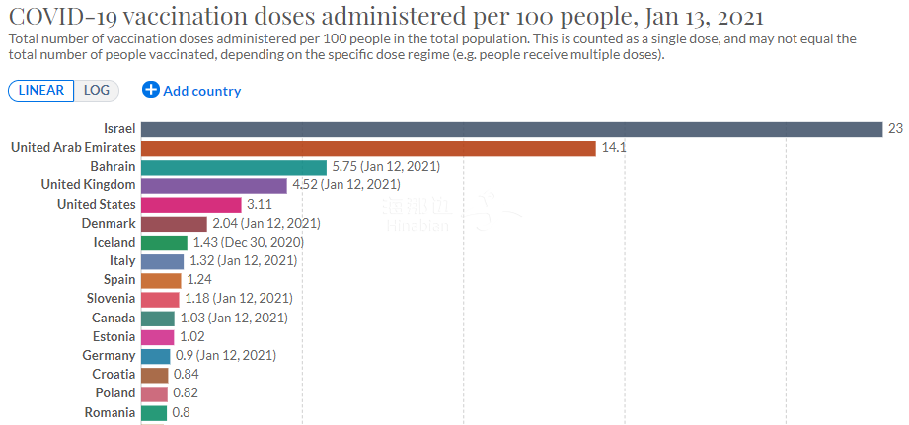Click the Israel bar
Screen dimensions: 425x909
(510, 129)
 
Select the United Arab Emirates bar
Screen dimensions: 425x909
(368, 148)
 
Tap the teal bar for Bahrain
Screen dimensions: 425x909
(234, 167)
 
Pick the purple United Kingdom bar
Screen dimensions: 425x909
(214, 185)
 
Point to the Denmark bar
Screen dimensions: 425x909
(174, 223)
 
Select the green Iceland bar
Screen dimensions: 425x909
(164, 242)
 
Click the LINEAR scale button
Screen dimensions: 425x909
(42, 90)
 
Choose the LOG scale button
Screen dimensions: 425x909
(97, 90)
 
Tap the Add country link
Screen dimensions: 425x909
(201, 91)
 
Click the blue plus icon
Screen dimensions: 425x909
(151, 90)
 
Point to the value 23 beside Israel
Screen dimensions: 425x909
(895, 129)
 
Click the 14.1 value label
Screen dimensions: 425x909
(613, 148)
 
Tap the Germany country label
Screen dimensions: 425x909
(110, 355)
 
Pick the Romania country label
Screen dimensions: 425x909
(110, 412)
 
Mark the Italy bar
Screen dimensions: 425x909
(162, 261)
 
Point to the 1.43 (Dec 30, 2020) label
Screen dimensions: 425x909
(247, 242)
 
